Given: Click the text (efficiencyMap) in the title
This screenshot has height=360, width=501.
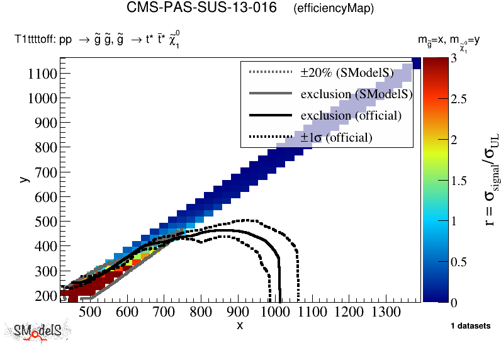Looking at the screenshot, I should pos(334,9).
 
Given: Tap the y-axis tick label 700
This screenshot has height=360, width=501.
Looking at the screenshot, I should pos(45,172).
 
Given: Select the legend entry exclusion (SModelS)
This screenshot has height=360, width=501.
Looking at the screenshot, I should pos(356,94).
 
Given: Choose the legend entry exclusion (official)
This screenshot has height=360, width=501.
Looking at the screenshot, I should pos(351,116).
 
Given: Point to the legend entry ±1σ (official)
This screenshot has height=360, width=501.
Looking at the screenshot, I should pos(336,137).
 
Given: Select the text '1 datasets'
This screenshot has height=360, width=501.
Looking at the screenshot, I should pos(471,326).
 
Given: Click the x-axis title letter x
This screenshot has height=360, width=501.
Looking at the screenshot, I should pos(240,325).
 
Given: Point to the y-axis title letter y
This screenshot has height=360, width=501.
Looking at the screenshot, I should pos(23,179).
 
